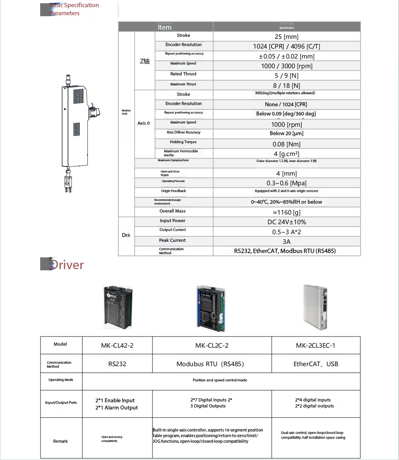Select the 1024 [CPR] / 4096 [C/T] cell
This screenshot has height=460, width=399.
click(x=286, y=47)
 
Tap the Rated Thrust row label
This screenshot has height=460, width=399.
click(x=183, y=74)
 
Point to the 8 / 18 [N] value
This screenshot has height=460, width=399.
click(x=286, y=85)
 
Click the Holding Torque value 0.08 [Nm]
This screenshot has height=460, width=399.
click(x=286, y=144)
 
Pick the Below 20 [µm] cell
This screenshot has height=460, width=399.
click(x=286, y=134)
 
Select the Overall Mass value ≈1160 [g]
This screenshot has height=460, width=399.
click(x=286, y=212)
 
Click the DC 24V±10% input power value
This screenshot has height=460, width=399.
click(x=286, y=222)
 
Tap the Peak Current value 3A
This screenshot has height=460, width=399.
click(x=286, y=241)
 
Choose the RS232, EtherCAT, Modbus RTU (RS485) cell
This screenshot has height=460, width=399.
click(x=285, y=251)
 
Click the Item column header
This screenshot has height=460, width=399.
click(x=164, y=27)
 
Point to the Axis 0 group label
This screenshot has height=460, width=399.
click(x=144, y=123)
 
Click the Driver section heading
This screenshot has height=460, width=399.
click(x=67, y=265)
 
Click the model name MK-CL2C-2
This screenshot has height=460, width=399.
click(x=212, y=346)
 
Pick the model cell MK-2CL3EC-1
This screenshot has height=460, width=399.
click(x=315, y=346)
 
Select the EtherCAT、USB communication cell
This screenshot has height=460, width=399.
click(x=316, y=364)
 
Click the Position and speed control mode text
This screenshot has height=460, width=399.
click(x=220, y=380)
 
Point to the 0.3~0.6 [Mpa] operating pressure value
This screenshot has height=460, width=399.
click(x=286, y=183)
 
